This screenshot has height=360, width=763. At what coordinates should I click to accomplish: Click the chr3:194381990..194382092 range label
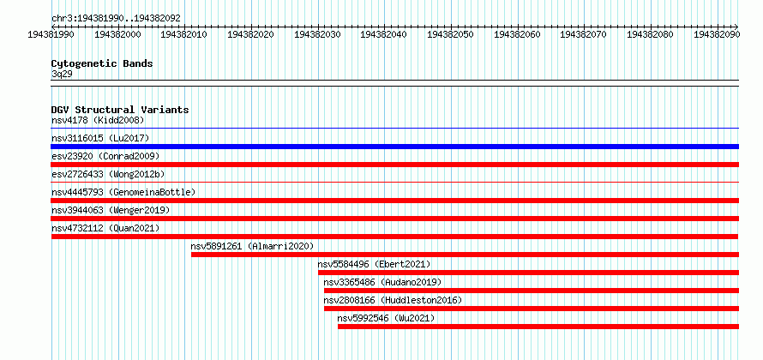coord(116,19)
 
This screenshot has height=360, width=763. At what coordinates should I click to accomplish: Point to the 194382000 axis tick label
coord(117,34)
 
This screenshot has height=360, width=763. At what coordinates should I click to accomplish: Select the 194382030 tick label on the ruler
coord(318,34)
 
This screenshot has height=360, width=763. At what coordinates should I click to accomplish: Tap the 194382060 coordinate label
coord(517,34)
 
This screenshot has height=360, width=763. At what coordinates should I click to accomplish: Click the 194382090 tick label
coord(717,34)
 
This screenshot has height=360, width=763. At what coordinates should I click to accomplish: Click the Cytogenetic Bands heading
coord(102,63)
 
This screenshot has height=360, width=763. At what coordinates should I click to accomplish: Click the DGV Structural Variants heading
coord(120,110)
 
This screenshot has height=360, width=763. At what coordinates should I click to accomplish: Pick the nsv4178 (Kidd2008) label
coord(98,120)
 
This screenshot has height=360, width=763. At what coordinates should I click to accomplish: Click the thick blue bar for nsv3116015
coord(394,147)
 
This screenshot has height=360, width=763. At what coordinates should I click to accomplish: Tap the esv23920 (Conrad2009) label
coord(105,156)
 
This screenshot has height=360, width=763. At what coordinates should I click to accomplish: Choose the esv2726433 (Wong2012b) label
coord(111,174)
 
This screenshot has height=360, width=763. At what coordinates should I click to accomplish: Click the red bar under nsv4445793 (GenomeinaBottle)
coord(394,201)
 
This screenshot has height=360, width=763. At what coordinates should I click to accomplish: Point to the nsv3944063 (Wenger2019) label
coord(111,210)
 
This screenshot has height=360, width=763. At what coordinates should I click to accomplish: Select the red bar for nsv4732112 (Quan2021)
coord(394,237)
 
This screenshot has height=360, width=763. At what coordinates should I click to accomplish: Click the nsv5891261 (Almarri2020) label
coord(252,246)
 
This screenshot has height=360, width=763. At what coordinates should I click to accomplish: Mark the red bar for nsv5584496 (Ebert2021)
coord(528,273)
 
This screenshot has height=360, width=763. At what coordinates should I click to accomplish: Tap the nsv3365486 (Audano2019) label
coord(382,282)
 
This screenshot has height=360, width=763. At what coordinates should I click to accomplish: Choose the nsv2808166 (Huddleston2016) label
coord(393,300)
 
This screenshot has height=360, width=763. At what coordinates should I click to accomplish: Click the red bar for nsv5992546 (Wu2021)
coord(538,327)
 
